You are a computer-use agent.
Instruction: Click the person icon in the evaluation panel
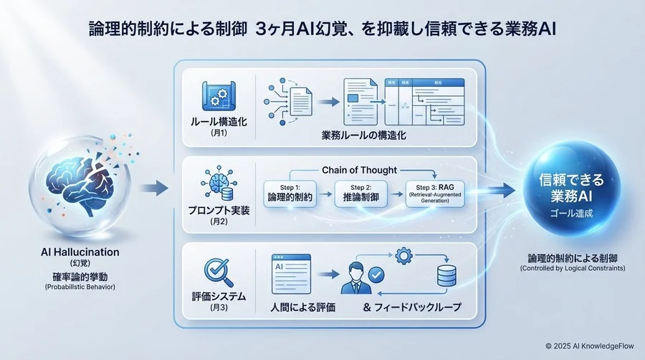(356, 278)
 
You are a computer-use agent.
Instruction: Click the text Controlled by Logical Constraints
(573, 268)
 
